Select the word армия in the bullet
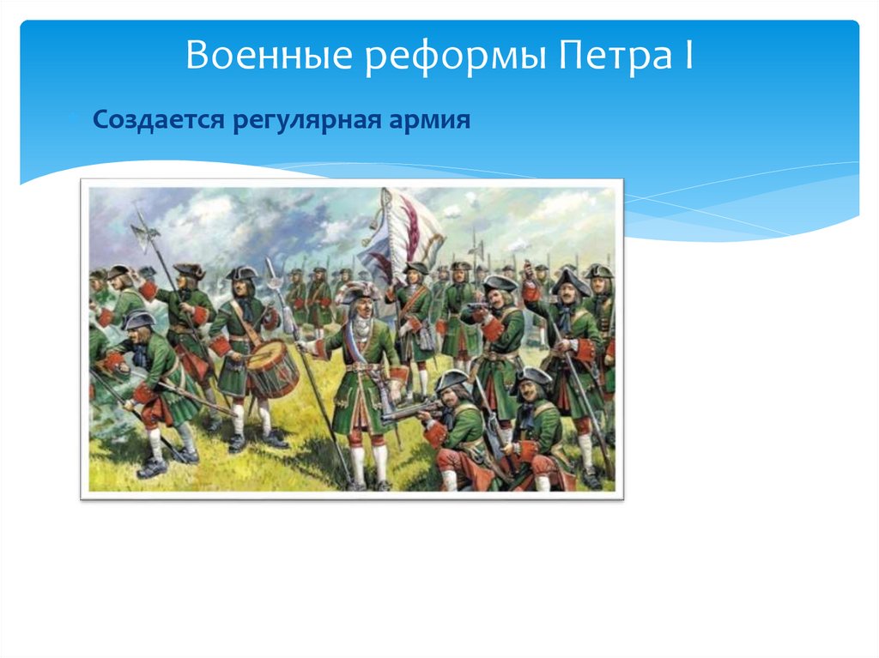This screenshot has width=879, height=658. [434, 118]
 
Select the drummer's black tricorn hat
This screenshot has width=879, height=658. [242, 273]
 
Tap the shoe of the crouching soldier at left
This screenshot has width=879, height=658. [151, 468]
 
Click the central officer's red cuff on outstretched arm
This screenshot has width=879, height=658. [320, 349]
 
